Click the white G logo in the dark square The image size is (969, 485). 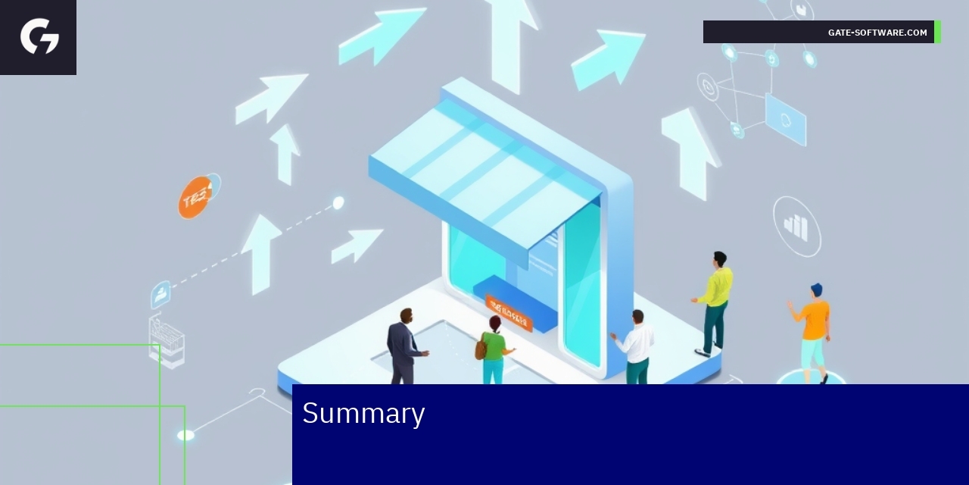click(39, 36)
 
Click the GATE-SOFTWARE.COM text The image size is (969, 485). click(877, 33)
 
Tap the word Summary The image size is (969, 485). click(363, 413)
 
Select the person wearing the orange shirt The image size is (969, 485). click(814, 330)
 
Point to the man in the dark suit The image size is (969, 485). click(403, 345)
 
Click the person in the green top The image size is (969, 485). click(494, 349)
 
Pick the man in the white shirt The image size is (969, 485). click(636, 345)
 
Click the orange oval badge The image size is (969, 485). click(195, 198)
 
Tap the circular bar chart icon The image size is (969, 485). click(796, 226)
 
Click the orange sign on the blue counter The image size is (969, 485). click(509, 312)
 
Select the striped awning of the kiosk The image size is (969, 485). click(484, 174)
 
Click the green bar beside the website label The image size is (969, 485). click(938, 33)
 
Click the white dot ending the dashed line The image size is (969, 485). click(338, 202)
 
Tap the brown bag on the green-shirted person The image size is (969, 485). click(481, 349)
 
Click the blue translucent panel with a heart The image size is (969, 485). click(786, 120)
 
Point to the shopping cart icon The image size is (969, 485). click(167, 341)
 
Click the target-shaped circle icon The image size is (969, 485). click(708, 87)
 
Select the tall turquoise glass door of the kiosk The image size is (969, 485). click(583, 284)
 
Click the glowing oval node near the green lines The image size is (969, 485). click(185, 435)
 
